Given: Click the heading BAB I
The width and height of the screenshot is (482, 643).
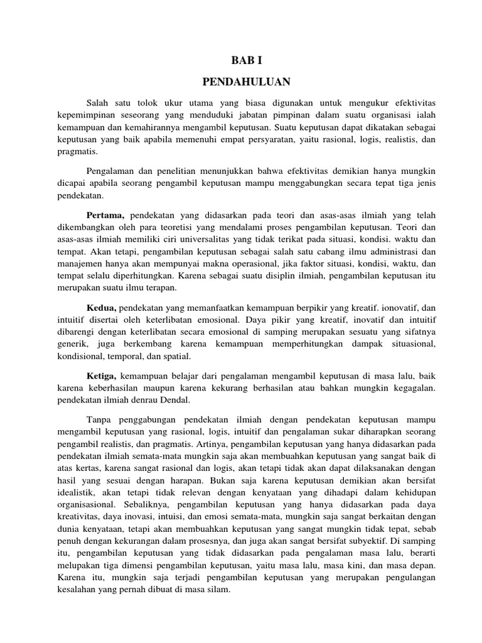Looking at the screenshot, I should (x=240, y=61).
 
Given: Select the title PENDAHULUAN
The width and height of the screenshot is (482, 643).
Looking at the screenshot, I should (x=240, y=82).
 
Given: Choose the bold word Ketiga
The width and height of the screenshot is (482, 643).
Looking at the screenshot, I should (x=102, y=376).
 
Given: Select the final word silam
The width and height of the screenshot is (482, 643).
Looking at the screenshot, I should (x=220, y=590).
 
